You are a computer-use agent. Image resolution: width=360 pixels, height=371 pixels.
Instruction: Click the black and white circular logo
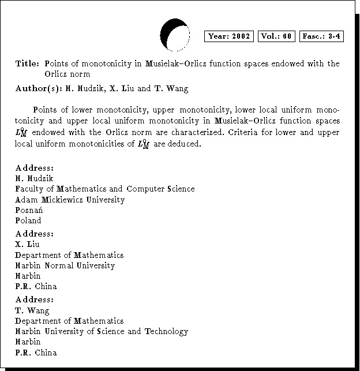click(x=174, y=35)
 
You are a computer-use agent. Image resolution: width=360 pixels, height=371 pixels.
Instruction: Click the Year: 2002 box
click(x=229, y=36)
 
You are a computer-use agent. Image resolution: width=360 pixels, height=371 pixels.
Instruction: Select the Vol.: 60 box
click(x=277, y=36)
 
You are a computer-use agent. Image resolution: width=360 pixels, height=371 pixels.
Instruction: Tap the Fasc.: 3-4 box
click(x=322, y=36)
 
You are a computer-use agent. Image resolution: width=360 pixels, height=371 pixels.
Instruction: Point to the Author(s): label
click(x=38, y=89)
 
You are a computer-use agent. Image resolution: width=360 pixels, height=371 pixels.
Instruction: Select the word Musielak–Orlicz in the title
click(x=175, y=63)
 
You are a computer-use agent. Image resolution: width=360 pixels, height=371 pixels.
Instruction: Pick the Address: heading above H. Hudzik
click(x=35, y=168)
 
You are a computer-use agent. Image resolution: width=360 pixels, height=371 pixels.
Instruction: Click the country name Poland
click(x=28, y=220)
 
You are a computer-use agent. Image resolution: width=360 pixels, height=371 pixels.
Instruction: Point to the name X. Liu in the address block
click(x=27, y=244)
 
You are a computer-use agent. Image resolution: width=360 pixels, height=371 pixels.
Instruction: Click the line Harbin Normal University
click(x=65, y=265)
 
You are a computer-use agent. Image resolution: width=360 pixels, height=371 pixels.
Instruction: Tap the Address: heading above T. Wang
click(x=35, y=299)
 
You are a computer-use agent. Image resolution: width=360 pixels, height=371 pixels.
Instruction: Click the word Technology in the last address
click(x=166, y=331)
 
